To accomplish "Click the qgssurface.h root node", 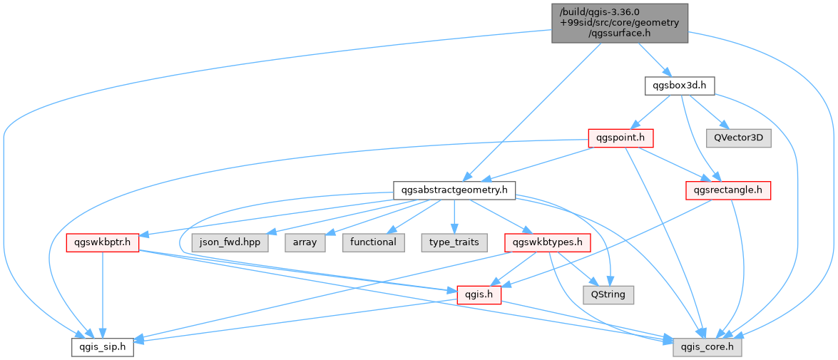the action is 620,24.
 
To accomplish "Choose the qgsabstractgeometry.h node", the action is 454,190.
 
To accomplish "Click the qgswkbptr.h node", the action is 103,243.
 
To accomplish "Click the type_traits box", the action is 454,243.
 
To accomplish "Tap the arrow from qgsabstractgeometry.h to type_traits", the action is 454,217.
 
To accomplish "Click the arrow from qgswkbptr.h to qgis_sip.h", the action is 103,295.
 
